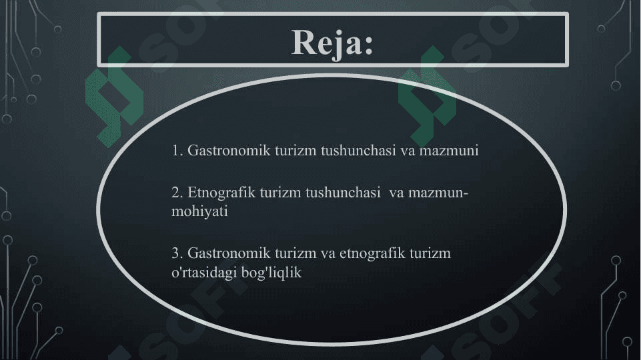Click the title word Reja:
click(x=332, y=43)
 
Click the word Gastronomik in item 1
click(x=229, y=151)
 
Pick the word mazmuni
click(x=449, y=151)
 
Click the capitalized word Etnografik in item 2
click(x=221, y=192)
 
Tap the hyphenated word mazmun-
click(x=438, y=193)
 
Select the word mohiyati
click(x=199, y=211)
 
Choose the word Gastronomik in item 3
click(x=229, y=253)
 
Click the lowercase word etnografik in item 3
click(x=372, y=253)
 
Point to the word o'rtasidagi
click(x=203, y=272)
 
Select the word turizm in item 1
click(x=295, y=151)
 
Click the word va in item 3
click(x=328, y=254)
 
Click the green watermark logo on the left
click(x=114, y=97)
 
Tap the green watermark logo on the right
click(x=427, y=97)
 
